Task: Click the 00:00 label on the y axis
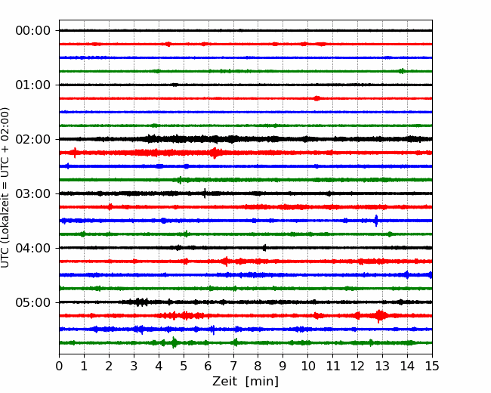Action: pos(33,31)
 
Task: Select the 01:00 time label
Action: pos(33,85)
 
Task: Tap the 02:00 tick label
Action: pos(33,140)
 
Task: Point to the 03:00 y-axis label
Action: pos(33,193)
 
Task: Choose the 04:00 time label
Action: pos(33,248)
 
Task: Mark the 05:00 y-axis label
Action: pos(33,302)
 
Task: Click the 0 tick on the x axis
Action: pos(59,366)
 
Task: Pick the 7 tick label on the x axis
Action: pos(233,366)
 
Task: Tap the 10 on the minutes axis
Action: pos(307,366)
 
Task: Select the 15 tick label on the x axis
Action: pos(432,366)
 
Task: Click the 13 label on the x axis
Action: pos(382,366)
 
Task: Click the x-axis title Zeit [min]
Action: pos(246,382)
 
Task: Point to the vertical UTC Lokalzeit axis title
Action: pos(5,187)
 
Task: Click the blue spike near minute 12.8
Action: pos(376,221)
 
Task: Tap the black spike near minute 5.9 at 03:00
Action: pos(205,193)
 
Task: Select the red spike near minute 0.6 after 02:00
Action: pos(75,153)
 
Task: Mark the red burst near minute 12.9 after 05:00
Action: pos(379,316)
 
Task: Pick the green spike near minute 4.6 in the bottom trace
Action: pos(174,342)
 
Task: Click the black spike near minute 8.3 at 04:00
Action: pos(264,248)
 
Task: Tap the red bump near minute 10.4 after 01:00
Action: pos(317,98)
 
